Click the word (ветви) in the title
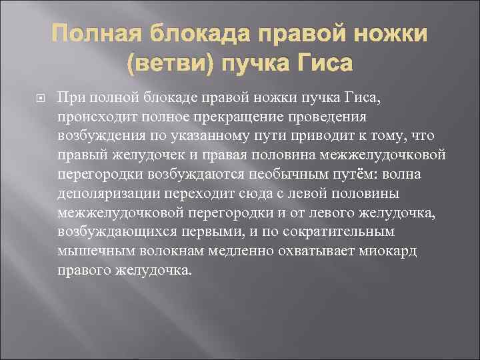pyautogui.click(x=170, y=64)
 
